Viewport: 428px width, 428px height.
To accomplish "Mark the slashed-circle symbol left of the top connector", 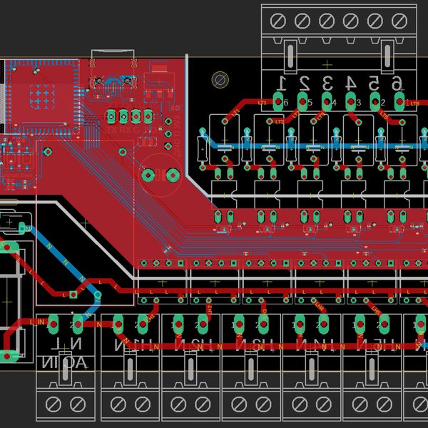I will click(220, 80).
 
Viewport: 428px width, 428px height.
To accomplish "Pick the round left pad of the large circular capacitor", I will click(148, 174).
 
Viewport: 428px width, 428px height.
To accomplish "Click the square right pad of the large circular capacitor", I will click(171, 174).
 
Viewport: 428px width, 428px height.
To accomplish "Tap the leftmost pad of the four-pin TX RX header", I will click(111, 116).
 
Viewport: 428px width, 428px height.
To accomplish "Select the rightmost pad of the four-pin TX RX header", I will click(148, 116).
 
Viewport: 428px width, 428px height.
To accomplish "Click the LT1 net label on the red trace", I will click(261, 103).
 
